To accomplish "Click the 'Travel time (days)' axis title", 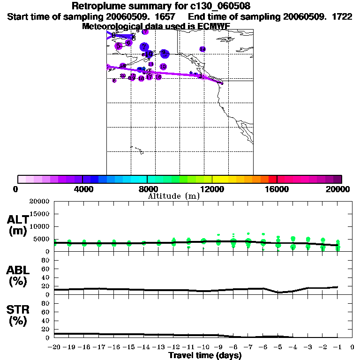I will [x=205, y=355].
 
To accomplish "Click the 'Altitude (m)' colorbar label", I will [x=173, y=196].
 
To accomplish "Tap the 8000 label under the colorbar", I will [x=147, y=189].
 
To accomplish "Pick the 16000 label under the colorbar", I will [x=277, y=189].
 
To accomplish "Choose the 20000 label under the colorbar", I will [x=341, y=189].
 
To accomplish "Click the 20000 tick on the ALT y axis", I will [x=39, y=202].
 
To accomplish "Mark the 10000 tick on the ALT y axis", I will [x=39, y=227].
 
